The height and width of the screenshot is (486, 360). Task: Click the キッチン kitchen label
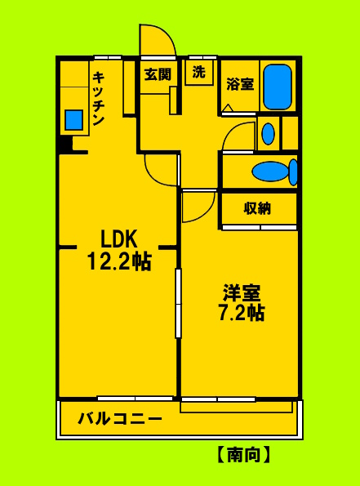click(98, 98)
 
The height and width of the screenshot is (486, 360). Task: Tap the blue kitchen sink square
click(74, 120)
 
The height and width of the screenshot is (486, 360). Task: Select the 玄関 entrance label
click(157, 74)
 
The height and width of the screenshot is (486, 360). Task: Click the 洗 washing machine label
click(199, 72)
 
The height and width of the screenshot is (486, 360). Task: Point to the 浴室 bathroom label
click(239, 84)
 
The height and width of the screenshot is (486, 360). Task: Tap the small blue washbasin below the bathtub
click(268, 134)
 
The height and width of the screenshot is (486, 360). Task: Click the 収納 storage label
click(257, 208)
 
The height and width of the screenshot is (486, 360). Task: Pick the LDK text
click(119, 239)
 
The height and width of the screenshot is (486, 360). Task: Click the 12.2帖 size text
click(119, 261)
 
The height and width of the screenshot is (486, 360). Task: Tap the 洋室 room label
click(241, 292)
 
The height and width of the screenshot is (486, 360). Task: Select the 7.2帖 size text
click(241, 313)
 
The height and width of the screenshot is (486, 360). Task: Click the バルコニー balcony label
click(120, 419)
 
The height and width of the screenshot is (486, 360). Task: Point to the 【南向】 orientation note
click(244, 455)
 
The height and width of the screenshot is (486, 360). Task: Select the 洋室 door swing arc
click(197, 207)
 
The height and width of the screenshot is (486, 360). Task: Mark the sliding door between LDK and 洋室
click(177, 302)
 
